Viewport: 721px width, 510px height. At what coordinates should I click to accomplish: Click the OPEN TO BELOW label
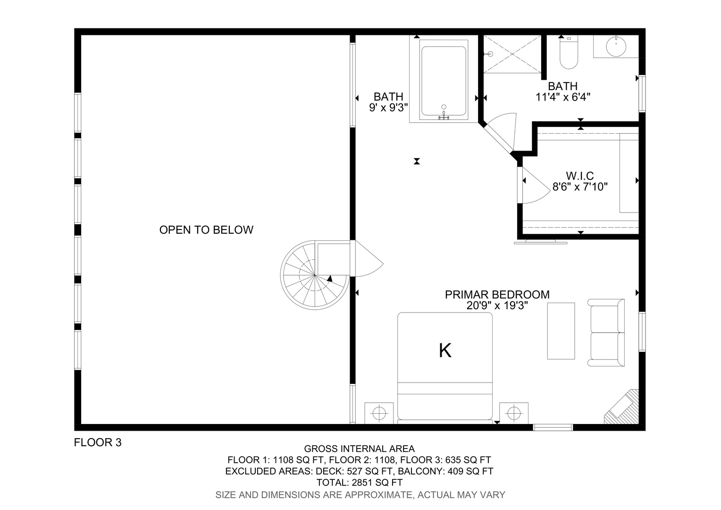pyautogui.click(x=206, y=229)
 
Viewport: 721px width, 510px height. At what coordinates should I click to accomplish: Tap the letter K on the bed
pyautogui.click(x=445, y=351)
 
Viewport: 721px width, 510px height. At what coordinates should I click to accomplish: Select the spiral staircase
pyautogui.click(x=315, y=275)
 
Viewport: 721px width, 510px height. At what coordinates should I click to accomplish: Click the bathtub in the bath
pyautogui.click(x=444, y=81)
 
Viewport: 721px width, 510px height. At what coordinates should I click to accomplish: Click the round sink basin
pyautogui.click(x=616, y=46)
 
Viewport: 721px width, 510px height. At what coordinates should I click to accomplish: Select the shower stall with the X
pyautogui.click(x=512, y=54)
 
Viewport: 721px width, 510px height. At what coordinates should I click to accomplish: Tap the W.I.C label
pyautogui.click(x=580, y=176)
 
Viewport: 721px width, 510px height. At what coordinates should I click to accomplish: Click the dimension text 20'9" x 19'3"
pyautogui.click(x=497, y=306)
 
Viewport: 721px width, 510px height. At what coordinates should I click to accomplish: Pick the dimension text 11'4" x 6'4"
pyautogui.click(x=563, y=97)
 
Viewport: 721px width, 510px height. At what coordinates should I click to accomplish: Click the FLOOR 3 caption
pyautogui.click(x=98, y=442)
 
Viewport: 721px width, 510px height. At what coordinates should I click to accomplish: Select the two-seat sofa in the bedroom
pyautogui.click(x=606, y=332)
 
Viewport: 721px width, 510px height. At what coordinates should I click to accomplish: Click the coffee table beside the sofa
pyautogui.click(x=561, y=331)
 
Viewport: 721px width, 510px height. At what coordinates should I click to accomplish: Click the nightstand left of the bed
pyautogui.click(x=379, y=413)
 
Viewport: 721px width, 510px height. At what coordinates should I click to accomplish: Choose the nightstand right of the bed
pyautogui.click(x=514, y=413)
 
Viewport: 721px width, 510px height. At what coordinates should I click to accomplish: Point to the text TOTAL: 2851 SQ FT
pyautogui.click(x=360, y=483)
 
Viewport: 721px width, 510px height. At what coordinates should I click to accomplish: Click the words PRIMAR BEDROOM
pyautogui.click(x=497, y=295)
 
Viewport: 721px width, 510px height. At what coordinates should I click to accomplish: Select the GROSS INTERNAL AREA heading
pyautogui.click(x=360, y=449)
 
